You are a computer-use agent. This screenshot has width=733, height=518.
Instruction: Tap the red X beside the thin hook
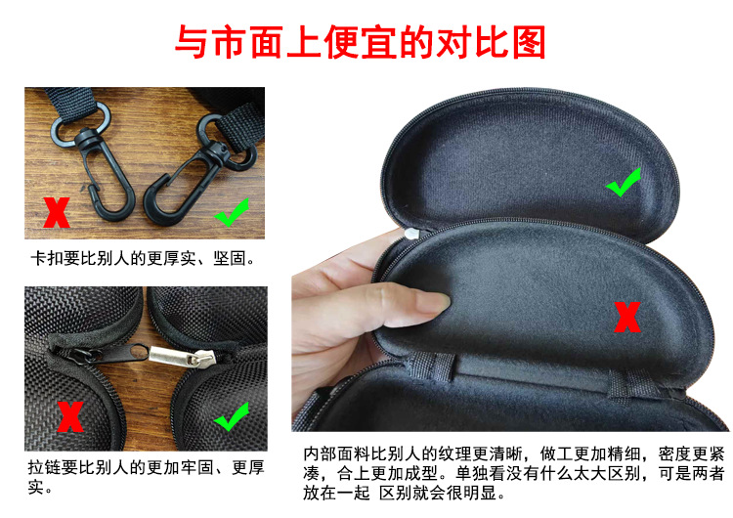[x=57, y=211]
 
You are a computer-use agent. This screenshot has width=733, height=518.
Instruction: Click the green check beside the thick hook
[x=233, y=211]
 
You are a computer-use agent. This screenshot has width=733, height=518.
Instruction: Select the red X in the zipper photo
[x=69, y=417]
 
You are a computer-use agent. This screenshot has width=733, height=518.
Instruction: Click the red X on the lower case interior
[x=626, y=317]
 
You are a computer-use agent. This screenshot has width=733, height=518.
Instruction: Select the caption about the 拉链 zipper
[x=146, y=476]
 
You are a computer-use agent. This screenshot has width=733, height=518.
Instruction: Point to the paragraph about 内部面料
[x=512, y=473]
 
